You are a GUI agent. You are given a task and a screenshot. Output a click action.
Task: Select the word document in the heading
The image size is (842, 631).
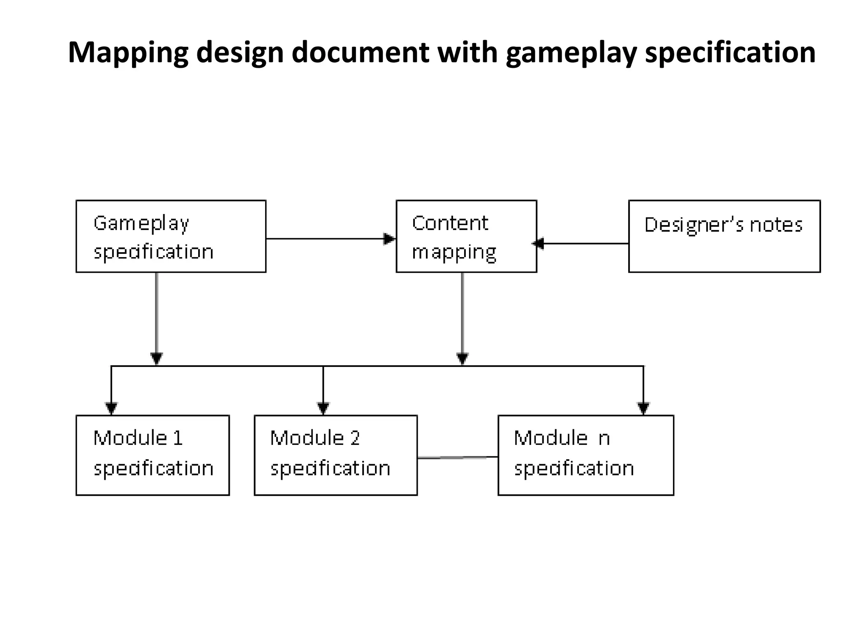[x=360, y=53]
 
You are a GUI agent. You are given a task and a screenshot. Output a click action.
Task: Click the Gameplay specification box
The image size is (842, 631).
[x=171, y=236]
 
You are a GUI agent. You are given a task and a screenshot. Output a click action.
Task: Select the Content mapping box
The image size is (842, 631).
[x=466, y=236]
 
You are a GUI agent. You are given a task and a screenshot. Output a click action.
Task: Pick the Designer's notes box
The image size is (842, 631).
[x=724, y=236]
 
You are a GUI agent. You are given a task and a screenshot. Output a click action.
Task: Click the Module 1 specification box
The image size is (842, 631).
[x=153, y=455]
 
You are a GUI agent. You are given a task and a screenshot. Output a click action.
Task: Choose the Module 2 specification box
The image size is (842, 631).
[x=335, y=455]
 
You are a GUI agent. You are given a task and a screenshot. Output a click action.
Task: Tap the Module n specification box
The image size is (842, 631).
[x=585, y=455]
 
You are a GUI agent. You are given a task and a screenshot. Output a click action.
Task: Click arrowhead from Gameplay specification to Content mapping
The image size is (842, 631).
[x=389, y=239]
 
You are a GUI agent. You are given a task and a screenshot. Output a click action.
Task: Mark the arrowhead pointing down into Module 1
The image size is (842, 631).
[x=111, y=408]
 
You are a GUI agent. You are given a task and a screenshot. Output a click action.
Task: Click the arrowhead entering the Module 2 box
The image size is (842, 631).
[x=323, y=408]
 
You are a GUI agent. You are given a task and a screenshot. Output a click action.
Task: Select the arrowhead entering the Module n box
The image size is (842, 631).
[x=643, y=408]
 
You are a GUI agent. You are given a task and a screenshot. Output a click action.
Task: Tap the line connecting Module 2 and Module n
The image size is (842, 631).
[x=457, y=457]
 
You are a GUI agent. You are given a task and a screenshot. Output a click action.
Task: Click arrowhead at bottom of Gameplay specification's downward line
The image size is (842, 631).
[x=156, y=358]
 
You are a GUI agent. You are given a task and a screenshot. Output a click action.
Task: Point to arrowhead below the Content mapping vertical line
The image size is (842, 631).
[x=463, y=358]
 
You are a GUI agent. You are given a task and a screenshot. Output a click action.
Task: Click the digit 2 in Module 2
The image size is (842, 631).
[x=355, y=438]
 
